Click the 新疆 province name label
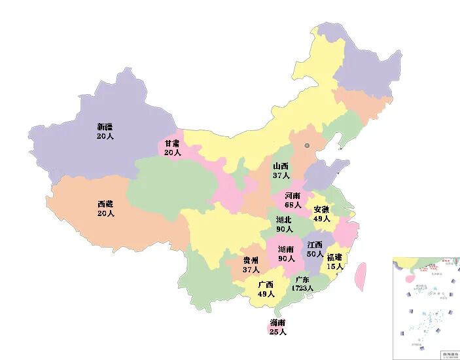pyautogui.click(x=105, y=127)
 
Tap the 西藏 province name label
pyautogui.click(x=105, y=204)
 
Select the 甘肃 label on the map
pyautogui.click(x=173, y=143)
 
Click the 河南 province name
pyautogui.click(x=293, y=196)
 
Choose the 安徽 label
pyautogui.click(x=322, y=209)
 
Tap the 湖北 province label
pyautogui.click(x=284, y=220)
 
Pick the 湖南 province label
pyautogui.click(x=286, y=249)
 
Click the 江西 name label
pyautogui.click(x=315, y=244)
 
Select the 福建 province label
pyautogui.click(x=335, y=257)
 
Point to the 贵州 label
pyautogui.click(x=251, y=261)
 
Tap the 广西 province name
pyautogui.click(x=266, y=285)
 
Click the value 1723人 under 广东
pyautogui.click(x=302, y=288)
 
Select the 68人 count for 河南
pyautogui.click(x=293, y=205)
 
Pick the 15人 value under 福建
pyautogui.click(x=335, y=266)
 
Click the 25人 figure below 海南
pyautogui.click(x=277, y=333)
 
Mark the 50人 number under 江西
pyautogui.click(x=315, y=253)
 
